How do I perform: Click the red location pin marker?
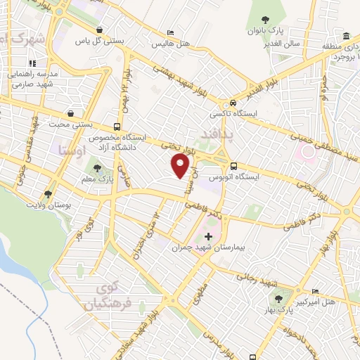(181, 166)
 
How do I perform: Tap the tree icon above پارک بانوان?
(264, 20)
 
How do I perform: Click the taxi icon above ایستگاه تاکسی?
(233, 101)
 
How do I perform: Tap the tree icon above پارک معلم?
(96, 169)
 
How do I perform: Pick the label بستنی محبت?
(70, 124)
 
